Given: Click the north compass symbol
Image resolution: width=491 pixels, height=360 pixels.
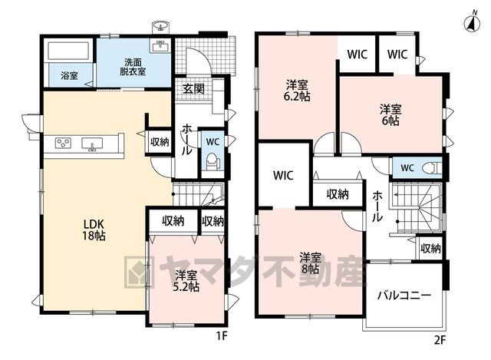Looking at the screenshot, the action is [473, 21].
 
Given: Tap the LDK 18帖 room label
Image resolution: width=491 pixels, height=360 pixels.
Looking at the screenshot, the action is [94, 230].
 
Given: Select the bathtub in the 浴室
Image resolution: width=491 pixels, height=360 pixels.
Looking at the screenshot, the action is [68, 50].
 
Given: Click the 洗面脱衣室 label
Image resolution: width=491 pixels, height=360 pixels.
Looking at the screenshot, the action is [133, 67].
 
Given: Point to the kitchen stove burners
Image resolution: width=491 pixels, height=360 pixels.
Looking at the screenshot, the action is [63, 144].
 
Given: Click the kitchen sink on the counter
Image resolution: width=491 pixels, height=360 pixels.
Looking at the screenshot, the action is [92, 144].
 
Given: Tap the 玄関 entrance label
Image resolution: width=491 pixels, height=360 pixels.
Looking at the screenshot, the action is [193, 89].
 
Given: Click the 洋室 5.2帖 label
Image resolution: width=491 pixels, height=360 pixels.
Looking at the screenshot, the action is [186, 282].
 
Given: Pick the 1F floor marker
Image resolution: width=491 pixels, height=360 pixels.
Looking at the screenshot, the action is [222, 336].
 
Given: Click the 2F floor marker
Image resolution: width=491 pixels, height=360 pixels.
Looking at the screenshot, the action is [440, 340].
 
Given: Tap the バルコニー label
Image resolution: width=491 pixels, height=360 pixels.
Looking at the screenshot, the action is [404, 296].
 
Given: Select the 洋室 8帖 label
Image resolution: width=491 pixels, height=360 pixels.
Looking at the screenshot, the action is [310, 263].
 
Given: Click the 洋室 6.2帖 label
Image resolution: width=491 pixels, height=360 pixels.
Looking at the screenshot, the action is [297, 91].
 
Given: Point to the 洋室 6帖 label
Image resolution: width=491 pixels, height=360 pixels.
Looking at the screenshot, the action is [390, 115].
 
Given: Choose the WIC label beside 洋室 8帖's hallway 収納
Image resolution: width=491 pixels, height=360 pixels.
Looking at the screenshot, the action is [283, 176].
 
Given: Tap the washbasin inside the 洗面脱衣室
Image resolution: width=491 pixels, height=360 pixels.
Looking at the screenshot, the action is [160, 46].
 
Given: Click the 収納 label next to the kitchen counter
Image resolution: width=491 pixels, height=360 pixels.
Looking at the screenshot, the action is [160, 142].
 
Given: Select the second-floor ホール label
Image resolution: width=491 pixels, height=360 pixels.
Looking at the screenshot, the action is [377, 206].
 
